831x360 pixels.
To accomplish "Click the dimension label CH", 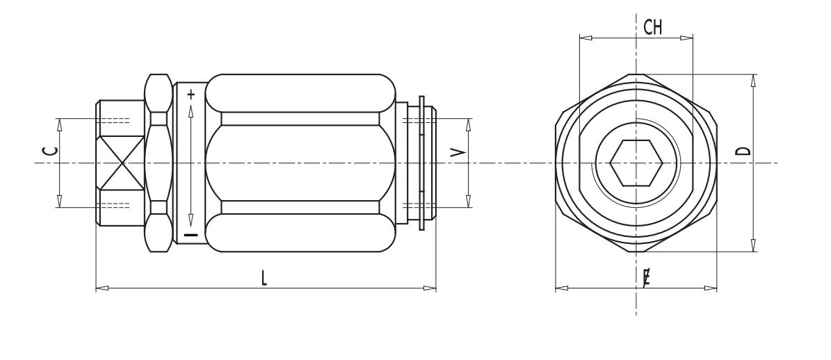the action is (652, 27).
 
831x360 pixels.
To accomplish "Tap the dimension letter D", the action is (744, 151).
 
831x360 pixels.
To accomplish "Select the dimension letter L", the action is (264, 278).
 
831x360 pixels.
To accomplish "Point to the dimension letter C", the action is (50, 151).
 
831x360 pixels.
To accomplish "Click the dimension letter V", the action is (458, 152).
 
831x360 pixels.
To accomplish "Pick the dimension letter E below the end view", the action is (647, 277).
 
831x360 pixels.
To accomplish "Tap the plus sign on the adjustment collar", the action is (191, 95).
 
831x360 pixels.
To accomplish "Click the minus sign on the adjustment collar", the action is (191, 234).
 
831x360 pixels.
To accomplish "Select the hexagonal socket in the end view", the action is (636, 163).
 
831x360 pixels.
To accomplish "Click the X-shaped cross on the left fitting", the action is (122, 163).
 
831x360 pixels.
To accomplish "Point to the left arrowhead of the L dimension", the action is (102, 288).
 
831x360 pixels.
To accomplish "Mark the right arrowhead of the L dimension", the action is (430, 288).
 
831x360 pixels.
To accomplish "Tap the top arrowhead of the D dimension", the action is (754, 81).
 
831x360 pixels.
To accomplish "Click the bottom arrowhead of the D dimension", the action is (754, 245).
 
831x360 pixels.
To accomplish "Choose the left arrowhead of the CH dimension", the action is (586, 38).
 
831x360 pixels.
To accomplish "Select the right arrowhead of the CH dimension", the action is (686, 38).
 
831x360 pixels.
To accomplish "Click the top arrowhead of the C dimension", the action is (59, 125).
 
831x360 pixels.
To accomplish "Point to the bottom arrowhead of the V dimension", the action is (469, 201).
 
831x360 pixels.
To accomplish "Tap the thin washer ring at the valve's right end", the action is (422, 163).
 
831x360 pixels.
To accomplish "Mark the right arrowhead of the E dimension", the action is (711, 288).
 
